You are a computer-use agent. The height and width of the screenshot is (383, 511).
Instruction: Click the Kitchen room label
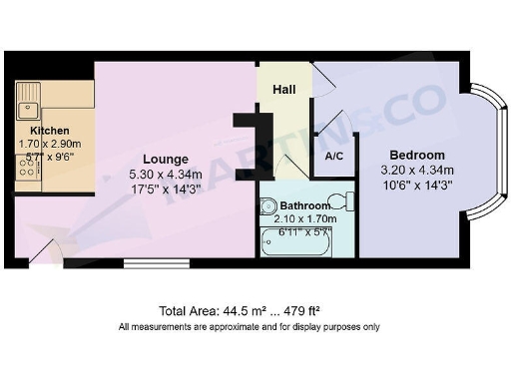(49, 131)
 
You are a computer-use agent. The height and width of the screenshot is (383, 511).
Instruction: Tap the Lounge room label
(165, 159)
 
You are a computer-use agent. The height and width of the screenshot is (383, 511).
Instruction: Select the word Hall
(284, 90)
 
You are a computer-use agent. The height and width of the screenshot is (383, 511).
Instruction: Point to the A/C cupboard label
(333, 157)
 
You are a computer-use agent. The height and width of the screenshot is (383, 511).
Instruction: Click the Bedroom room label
(416, 155)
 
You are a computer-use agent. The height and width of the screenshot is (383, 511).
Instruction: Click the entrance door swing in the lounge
(46, 253)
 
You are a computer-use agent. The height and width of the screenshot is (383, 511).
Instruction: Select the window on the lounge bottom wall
(150, 263)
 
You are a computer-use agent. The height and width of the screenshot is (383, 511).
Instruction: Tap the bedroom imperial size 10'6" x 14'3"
(416, 184)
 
